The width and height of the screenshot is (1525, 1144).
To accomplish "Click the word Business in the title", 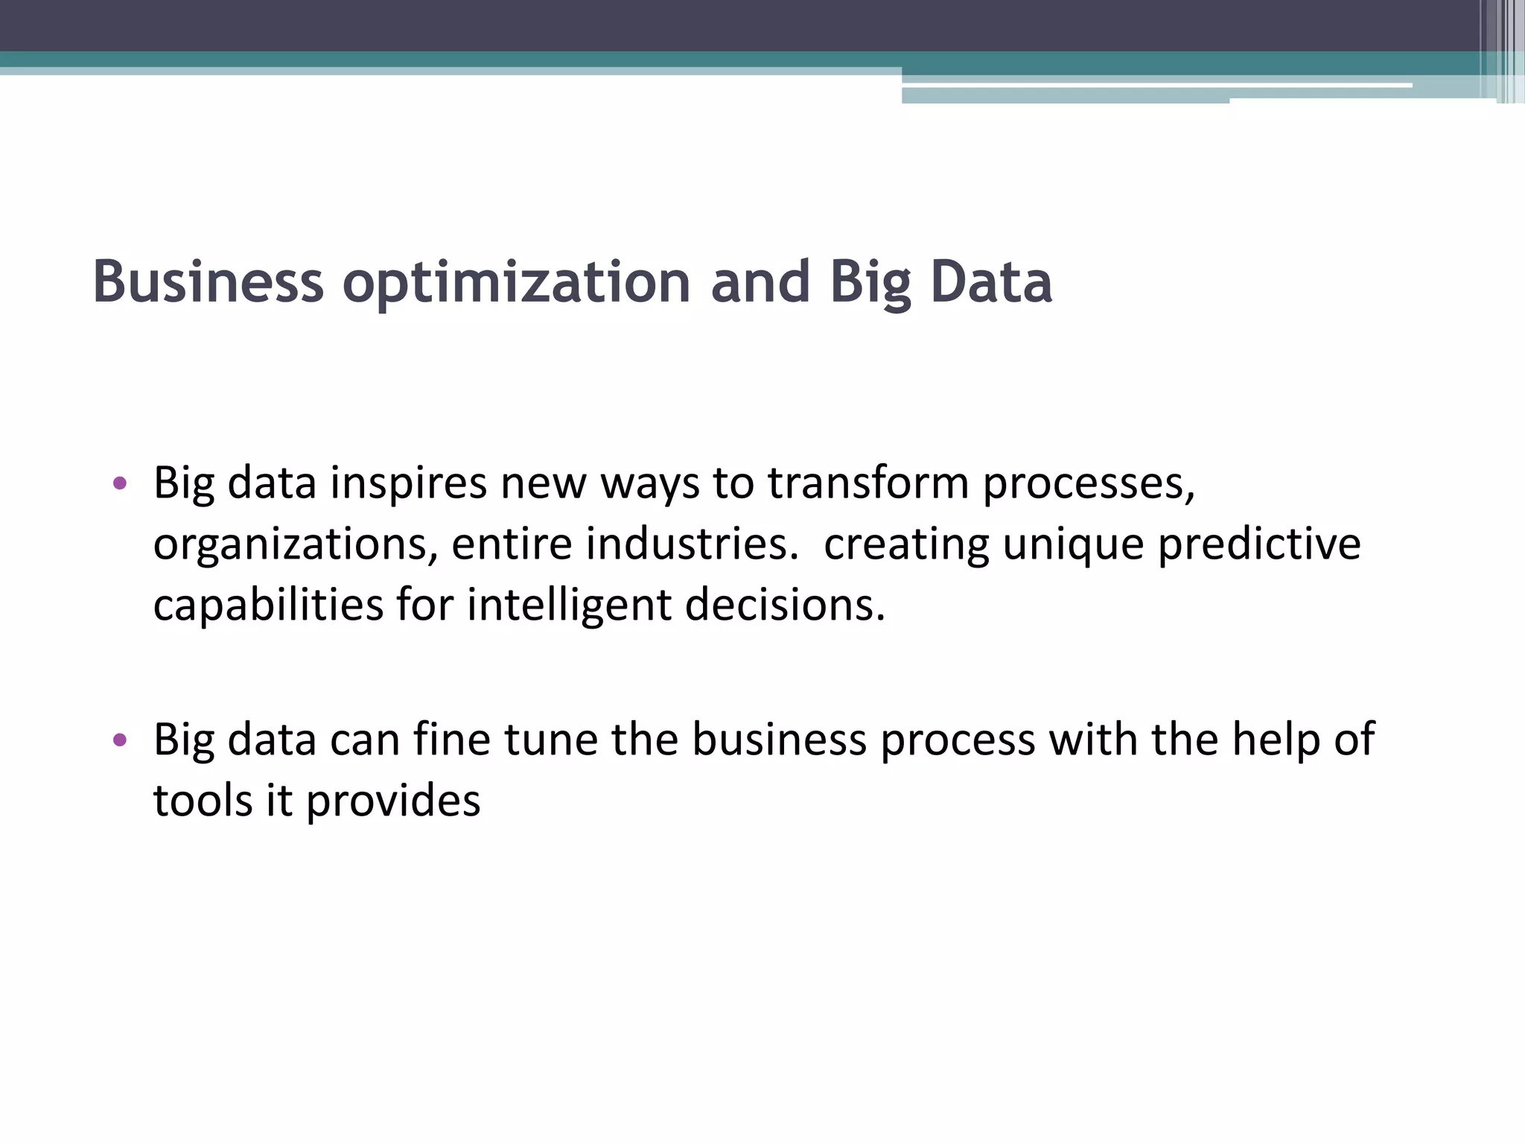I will [x=208, y=282].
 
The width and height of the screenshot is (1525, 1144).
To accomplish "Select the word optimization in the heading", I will [x=517, y=282].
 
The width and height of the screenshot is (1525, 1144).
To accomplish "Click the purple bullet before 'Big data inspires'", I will [x=120, y=484].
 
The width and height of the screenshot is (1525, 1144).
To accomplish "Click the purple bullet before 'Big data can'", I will [x=120, y=740].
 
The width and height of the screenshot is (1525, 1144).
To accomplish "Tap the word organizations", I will [x=295, y=545].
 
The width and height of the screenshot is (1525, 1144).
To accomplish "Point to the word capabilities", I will [x=268, y=605].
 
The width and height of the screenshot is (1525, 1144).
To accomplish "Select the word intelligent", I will [x=569, y=605].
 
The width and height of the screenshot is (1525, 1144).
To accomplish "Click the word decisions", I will [x=785, y=605].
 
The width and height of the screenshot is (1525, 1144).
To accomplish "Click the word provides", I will [x=393, y=803].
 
